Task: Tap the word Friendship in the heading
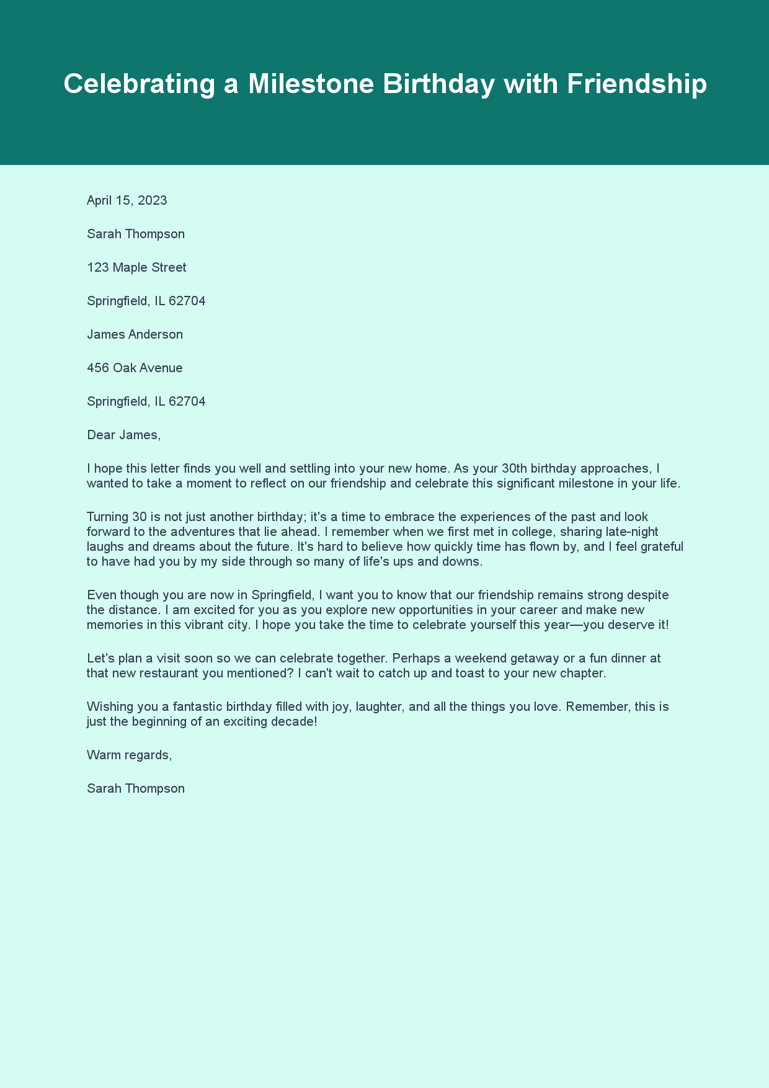pos(636,84)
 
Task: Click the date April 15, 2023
pos(127,200)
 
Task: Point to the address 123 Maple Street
pos(136,267)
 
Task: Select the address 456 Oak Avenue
pos(135,368)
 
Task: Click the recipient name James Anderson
pos(135,334)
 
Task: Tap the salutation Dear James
pos(123,435)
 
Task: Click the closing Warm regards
pos(129,755)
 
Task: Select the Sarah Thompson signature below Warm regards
pos(136,788)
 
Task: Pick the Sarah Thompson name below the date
pos(136,234)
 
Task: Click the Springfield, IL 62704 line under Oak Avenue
pos(146,401)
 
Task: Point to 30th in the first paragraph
pos(514,468)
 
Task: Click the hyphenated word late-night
pos(631,532)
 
